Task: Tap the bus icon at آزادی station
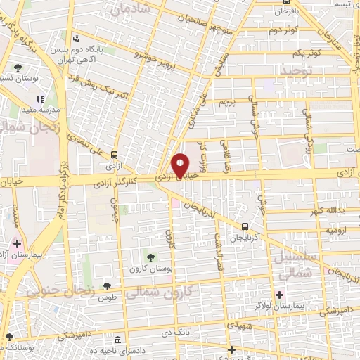pos(114,156)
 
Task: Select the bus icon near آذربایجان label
pos(245,226)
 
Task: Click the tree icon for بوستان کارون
pos(148,254)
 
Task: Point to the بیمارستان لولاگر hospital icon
pos(280,294)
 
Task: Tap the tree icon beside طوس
pos(105,286)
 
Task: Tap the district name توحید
pos(279,73)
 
